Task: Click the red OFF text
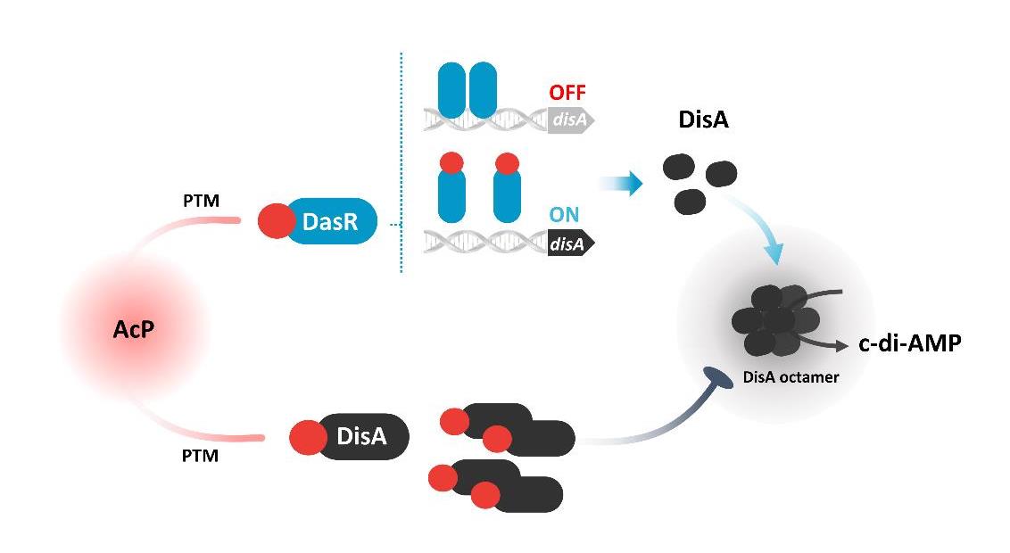coord(568,94)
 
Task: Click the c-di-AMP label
coord(909,343)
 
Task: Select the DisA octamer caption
coord(791,377)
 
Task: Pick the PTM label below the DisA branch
coord(201,456)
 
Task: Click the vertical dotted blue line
coord(402,161)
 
